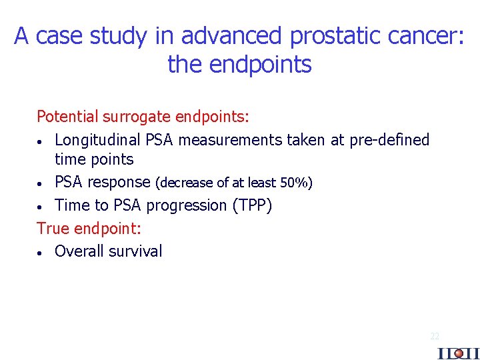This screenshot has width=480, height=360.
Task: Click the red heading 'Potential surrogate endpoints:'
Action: [x=143, y=117]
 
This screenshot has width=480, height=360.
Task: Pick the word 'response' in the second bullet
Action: [x=119, y=182]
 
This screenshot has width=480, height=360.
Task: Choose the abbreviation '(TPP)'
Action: [x=251, y=205]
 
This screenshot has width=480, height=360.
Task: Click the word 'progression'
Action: [x=187, y=205]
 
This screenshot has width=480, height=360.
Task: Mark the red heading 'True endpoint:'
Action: [x=89, y=228]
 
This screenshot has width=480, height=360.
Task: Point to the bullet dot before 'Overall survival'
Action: [x=41, y=253]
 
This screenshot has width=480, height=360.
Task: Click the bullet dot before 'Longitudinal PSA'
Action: [x=41, y=141]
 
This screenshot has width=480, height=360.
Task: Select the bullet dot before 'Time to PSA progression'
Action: [x=41, y=207]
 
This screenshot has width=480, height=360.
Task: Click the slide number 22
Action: [x=435, y=337]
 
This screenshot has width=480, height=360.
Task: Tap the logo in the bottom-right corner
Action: [x=458, y=353]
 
